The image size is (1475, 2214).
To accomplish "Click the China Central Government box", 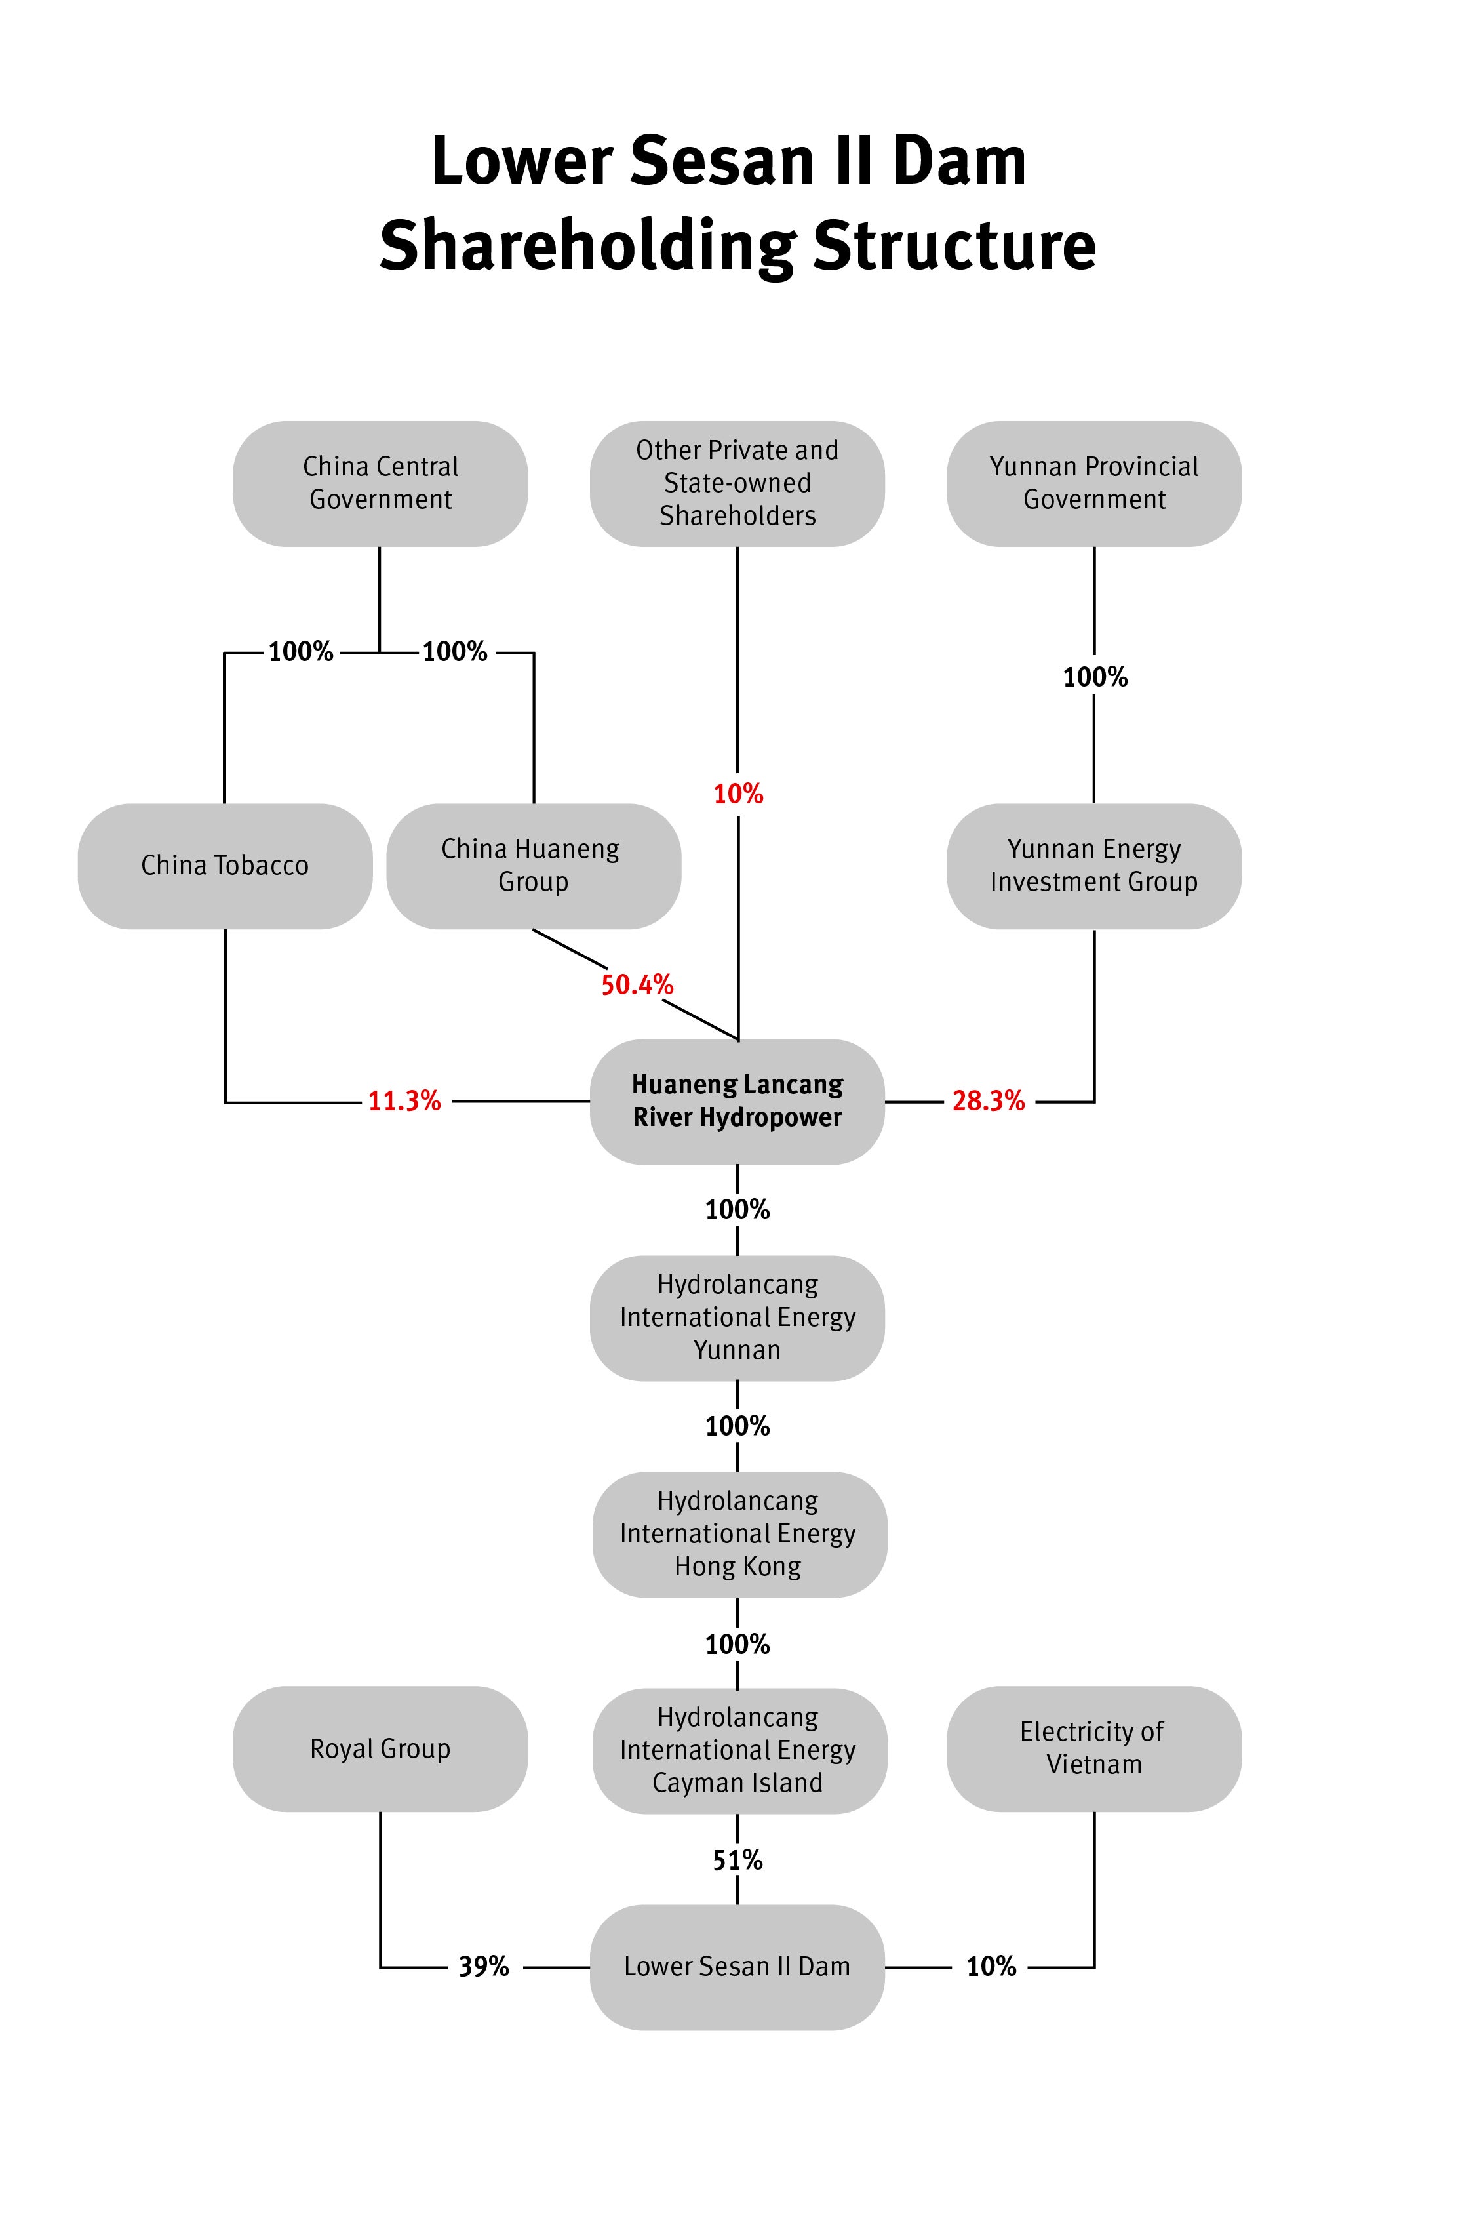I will [x=380, y=483].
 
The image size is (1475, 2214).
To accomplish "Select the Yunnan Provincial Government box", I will [x=1094, y=483].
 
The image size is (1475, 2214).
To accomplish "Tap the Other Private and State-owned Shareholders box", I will [x=737, y=483].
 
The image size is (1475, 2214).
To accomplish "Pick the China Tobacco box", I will [x=225, y=866].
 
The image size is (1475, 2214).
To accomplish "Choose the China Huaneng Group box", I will [x=534, y=866].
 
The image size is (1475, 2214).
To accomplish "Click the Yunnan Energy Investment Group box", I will [x=1094, y=866].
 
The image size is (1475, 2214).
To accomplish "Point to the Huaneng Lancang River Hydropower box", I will [x=737, y=1101].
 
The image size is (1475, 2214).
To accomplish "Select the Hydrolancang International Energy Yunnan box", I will [x=737, y=1318].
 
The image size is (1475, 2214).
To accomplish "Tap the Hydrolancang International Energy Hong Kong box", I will [x=739, y=1534].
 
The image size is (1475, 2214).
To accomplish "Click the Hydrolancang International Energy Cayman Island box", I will [x=739, y=1750].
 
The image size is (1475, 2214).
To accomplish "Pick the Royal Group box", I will [x=380, y=1748].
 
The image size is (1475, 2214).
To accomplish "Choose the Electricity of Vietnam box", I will [x=1094, y=1748].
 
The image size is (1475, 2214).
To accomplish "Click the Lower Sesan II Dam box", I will [x=737, y=1967].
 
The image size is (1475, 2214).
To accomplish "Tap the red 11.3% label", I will [x=404, y=1101].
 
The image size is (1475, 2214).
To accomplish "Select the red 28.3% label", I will [x=989, y=1101].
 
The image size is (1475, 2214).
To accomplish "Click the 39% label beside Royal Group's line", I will [x=484, y=1967].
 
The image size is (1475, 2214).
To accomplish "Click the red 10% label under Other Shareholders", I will [x=738, y=794].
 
